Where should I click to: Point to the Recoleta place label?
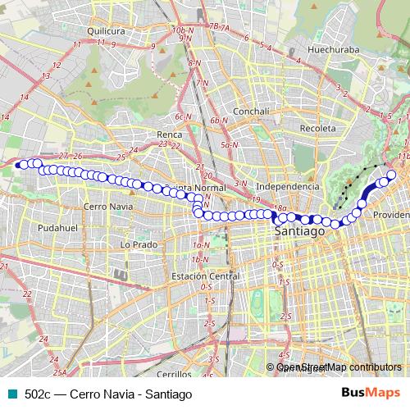[318, 129]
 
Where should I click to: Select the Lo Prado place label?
[138, 244]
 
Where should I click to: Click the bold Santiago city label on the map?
[298, 232]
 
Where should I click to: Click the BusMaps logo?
[371, 394]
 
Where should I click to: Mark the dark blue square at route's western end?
[16, 164]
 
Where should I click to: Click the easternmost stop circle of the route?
[392, 175]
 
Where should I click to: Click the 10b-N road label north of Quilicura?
[181, 30]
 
